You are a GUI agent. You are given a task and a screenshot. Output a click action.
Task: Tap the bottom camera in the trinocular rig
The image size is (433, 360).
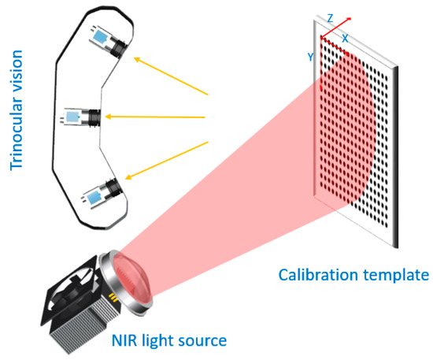click(x=105, y=191)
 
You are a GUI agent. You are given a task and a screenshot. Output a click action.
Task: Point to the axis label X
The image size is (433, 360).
click(x=345, y=37)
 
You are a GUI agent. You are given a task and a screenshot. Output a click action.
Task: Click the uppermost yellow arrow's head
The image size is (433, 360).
click(x=135, y=58)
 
